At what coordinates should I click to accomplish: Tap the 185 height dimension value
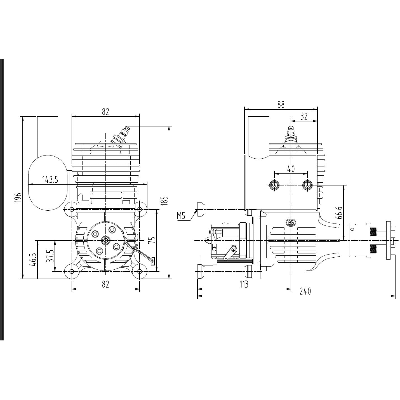click(165, 201)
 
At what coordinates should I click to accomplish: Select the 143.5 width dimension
click(50, 179)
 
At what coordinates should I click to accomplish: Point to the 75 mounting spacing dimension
click(152, 240)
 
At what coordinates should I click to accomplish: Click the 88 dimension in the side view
click(281, 105)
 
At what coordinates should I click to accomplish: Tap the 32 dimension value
click(304, 117)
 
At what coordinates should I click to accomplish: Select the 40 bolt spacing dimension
click(291, 169)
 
